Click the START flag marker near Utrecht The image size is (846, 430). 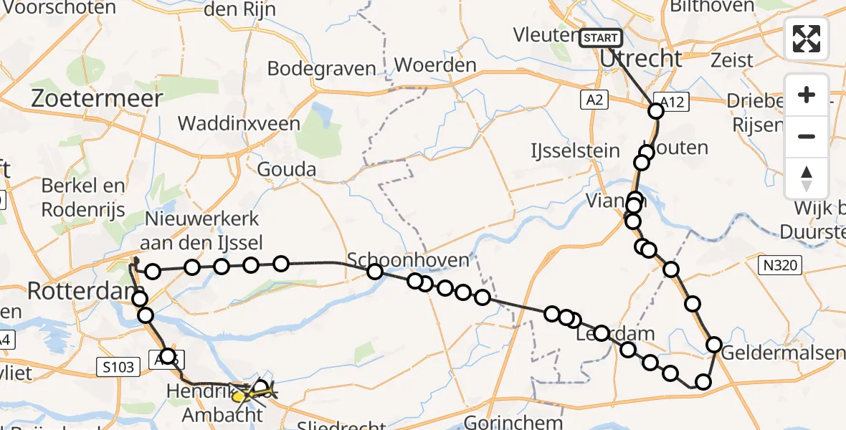[x=601, y=38]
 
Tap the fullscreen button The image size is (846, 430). [x=807, y=39]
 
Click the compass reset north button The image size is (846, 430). [x=807, y=178]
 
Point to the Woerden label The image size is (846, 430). [x=435, y=64]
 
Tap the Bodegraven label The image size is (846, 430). [x=322, y=68]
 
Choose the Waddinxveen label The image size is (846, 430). [x=239, y=123]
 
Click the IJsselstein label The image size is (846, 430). [x=565, y=150]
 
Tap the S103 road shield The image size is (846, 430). [x=116, y=368]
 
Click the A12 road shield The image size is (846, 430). [x=672, y=103]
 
